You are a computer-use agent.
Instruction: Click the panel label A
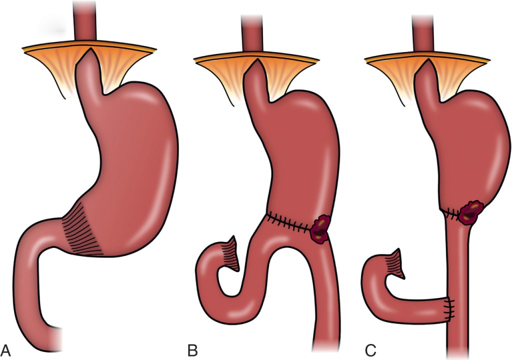pos(6,350)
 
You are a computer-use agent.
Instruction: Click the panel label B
pos(192,350)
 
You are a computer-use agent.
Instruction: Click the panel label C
pos(370,350)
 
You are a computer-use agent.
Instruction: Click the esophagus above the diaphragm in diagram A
pos(85,20)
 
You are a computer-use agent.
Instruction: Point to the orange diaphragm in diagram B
pos(256,77)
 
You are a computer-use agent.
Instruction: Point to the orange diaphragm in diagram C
pos(427,77)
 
